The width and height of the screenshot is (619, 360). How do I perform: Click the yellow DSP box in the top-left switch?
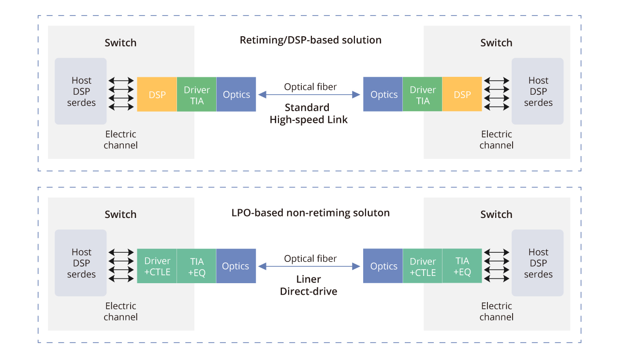click(157, 95)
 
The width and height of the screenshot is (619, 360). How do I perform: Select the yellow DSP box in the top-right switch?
click(462, 95)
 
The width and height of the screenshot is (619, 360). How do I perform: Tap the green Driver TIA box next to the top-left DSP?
click(196, 95)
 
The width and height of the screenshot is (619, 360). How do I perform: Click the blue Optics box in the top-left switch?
click(236, 95)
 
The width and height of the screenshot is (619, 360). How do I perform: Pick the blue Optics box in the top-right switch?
click(383, 95)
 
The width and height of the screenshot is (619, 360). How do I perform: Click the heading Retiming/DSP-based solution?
click(310, 40)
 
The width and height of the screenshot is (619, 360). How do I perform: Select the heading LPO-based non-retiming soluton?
click(310, 213)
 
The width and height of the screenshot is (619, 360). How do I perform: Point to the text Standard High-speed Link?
click(309, 114)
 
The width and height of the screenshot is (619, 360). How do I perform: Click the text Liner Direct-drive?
click(309, 285)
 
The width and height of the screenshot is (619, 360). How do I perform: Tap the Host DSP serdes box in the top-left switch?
click(81, 91)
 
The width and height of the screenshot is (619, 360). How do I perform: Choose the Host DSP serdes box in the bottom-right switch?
click(538, 263)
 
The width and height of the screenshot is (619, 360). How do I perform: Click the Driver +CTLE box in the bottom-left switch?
click(157, 266)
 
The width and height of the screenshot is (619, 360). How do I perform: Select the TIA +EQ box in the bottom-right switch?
click(462, 266)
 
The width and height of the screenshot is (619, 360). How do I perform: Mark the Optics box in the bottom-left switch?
click(236, 266)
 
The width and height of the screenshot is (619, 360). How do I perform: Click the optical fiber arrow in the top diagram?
click(309, 95)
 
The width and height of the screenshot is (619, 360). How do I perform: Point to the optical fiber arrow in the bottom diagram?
click(309, 266)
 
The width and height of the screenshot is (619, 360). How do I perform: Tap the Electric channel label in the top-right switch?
click(496, 140)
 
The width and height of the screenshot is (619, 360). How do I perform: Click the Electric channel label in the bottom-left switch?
click(120, 311)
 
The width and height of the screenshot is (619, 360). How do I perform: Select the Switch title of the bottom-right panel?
click(496, 215)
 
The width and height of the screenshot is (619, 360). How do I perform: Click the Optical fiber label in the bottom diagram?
click(310, 259)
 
